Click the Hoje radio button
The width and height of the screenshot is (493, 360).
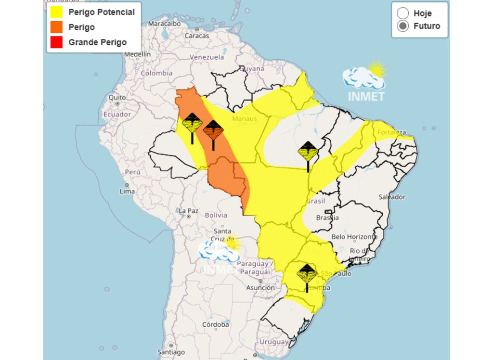coord(403,13)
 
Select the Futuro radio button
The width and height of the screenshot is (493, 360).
coord(403,26)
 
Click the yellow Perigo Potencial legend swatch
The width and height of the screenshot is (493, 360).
coord(56,12)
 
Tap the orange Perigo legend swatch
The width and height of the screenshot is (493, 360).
coord(56,27)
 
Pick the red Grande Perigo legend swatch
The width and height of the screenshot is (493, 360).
coord(56,42)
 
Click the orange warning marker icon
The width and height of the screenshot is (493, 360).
coord(213,130)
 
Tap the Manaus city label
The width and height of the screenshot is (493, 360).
coord(244,118)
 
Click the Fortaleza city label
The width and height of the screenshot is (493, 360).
coord(392,132)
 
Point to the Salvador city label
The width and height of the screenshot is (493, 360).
coord(392,197)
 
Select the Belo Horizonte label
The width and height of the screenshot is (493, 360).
coord(354,237)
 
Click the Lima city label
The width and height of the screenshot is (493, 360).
coord(128,191)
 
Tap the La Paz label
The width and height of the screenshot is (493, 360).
coord(188,211)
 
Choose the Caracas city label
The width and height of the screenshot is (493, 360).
coord(197,36)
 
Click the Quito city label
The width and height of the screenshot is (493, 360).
coord(117,97)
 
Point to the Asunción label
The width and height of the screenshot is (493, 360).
coord(260,288)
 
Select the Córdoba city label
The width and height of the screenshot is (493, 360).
coord(215,324)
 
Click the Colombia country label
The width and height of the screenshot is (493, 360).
coord(156,73)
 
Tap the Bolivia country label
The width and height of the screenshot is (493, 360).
coord(216,215)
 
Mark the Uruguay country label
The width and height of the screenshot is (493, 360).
coord(273,342)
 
